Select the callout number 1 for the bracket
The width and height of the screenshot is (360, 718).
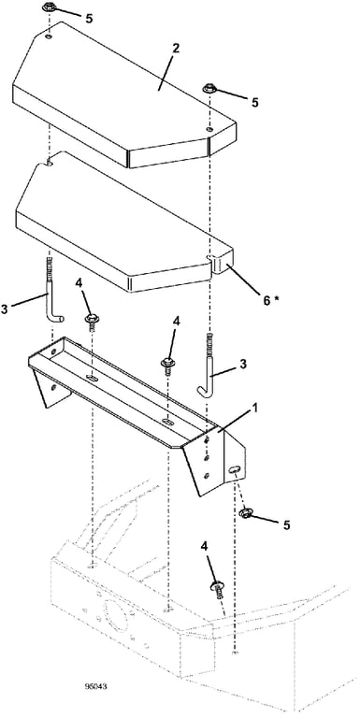coord(255,408)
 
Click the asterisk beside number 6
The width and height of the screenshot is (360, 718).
coord(276,297)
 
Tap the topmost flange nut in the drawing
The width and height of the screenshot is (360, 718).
coord(49,7)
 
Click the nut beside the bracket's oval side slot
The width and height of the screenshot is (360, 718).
coord(245,513)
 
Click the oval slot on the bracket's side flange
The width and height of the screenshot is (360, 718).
coord(234,468)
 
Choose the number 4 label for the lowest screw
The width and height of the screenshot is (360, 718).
coord(204,546)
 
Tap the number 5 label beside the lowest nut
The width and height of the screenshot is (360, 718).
coord(286,525)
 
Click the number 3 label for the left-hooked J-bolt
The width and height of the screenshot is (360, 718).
coord(242,364)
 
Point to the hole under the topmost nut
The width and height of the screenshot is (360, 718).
coord(49,36)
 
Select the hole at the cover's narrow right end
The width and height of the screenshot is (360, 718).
coord(209,130)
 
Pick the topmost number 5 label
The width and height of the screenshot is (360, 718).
coord(90,18)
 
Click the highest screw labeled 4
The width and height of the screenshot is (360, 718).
coord(91,321)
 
